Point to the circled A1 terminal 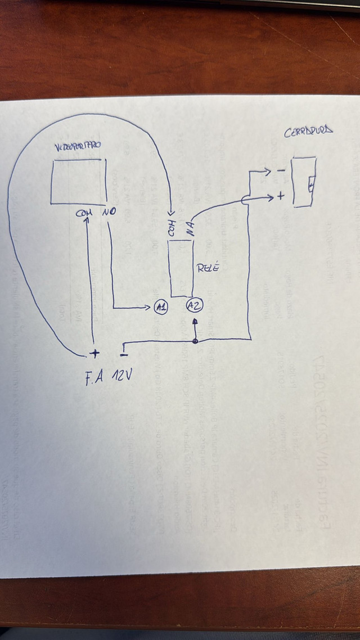point(161,307)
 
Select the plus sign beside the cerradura point(281,197)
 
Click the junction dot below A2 point(195,341)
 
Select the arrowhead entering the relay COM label point(172,209)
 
